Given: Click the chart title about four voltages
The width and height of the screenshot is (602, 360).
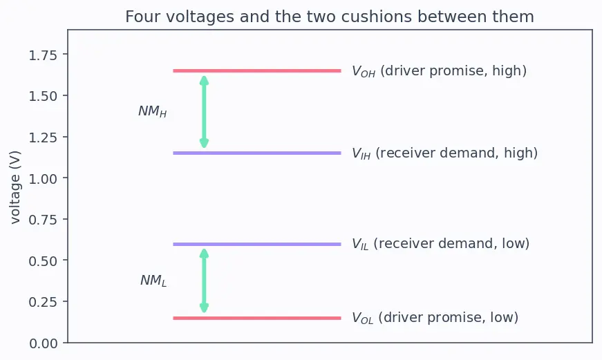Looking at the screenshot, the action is pos(330,17).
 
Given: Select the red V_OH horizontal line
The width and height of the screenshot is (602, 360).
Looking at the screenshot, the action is pos(257,70).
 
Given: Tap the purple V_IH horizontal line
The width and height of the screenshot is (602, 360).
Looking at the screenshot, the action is pos(257,153).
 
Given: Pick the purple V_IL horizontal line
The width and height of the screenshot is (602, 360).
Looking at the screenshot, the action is pos(257,244).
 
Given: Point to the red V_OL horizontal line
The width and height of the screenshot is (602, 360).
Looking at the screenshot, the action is pos(257,318).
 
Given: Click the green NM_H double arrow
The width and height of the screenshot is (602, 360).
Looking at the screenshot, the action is pos(205,112).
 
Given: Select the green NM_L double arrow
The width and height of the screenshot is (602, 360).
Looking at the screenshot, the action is pos(205,281).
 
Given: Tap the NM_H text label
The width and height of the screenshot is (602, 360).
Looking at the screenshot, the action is pos(153,111).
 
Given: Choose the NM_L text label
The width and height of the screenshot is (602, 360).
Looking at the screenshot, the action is pos(153,281).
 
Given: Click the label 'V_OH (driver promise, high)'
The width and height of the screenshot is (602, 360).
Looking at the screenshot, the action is pos(439,71).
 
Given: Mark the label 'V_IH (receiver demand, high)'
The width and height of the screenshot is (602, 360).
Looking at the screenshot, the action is pos(444,153).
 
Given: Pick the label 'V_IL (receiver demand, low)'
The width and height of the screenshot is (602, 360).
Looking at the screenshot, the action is pos(441,244).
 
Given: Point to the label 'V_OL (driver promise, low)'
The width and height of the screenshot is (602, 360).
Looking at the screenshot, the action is pos(435,318).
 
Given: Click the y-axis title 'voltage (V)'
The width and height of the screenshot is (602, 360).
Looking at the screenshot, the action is pos(15,187).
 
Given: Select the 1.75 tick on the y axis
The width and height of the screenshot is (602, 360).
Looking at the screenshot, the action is pos(43,55).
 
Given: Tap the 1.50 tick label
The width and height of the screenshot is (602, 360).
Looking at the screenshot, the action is pos(43,96).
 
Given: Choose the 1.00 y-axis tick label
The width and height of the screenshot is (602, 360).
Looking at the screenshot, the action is pos(43,179).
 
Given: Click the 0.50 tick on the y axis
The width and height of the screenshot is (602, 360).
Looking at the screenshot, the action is pos(43,261).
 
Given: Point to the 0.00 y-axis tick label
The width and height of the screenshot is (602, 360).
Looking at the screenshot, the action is pos(43,343).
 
